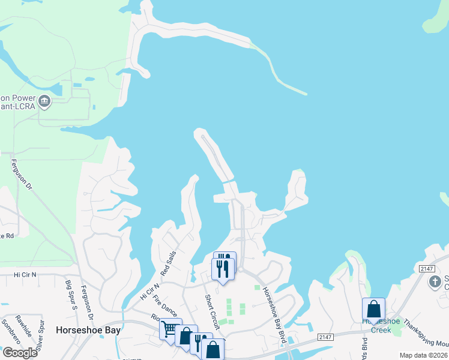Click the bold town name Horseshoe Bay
click(x=88, y=330)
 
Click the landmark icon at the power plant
click(x=44, y=102)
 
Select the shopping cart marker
click(x=169, y=328)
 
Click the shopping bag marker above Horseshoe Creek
click(x=373, y=309)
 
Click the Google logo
click(x=19, y=353)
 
